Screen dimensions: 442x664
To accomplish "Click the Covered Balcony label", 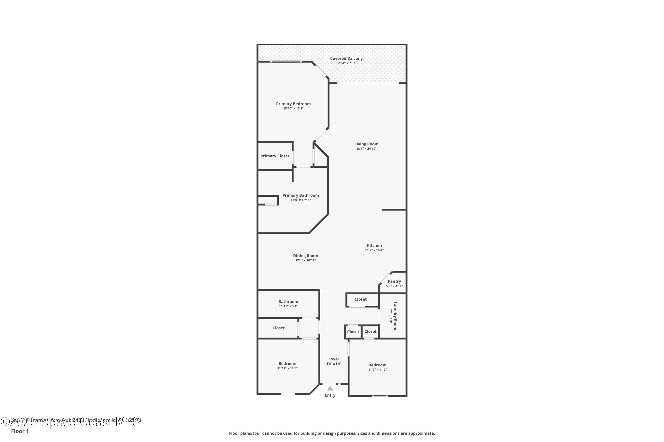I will coord(346,59).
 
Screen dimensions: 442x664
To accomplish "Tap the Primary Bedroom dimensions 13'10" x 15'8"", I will coord(293,109).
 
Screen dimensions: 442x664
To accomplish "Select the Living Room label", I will coord(366,144).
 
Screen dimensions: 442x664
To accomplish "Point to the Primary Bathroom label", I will coord(300,195).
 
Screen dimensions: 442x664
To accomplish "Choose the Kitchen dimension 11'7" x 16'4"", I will coord(374,250).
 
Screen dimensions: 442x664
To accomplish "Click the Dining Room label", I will coord(305,256).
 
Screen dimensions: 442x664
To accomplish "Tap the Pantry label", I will coord(394,281).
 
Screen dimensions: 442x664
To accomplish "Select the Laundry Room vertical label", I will coord(395,316).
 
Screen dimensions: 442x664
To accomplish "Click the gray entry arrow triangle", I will coord(330,389).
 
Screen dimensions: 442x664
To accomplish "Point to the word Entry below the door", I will coord(330,395).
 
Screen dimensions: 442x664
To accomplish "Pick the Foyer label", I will coord(334,359).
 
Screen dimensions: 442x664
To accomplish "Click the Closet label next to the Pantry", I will coord(361,299).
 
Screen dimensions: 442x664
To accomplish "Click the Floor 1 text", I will coord(20,431).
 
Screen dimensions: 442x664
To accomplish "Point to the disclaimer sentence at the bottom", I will coord(332,433).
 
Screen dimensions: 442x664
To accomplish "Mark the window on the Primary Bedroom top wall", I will coord(286,61).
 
